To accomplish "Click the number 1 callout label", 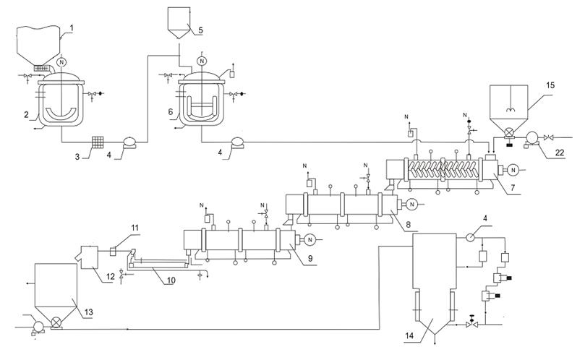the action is click(72, 28).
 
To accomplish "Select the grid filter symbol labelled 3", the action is click(98, 142).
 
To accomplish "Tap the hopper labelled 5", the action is click(178, 24).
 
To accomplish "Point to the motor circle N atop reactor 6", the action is click(202, 61).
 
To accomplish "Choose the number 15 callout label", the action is click(550, 85).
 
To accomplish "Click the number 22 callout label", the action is click(560, 153).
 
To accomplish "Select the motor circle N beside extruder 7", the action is click(513, 170).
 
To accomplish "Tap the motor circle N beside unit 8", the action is click(412, 204).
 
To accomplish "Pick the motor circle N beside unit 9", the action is click(309, 239).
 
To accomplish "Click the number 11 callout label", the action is click(134, 228).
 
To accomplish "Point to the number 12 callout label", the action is click(111, 276).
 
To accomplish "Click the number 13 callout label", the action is click(88, 312).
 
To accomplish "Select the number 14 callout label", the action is click(409, 335).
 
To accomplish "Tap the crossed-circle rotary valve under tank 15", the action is click(508, 132).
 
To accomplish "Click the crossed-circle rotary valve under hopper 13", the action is click(56, 322).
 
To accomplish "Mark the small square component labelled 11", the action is click(113, 252).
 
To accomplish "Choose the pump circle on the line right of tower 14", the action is click(470, 236).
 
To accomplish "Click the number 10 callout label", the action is click(171, 280).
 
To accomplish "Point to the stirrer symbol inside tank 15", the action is click(509, 110).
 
